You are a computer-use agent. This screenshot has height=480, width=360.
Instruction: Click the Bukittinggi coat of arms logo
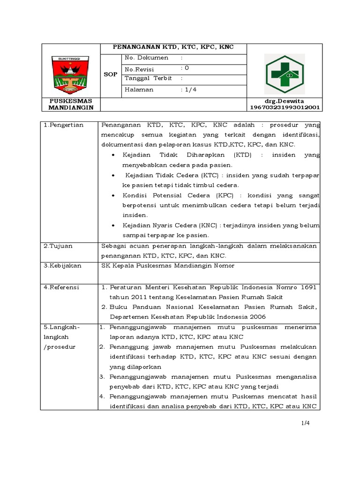[71, 74]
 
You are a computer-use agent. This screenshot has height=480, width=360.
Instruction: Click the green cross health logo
[285, 74]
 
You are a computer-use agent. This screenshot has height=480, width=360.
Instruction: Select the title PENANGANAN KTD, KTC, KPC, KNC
[173, 47]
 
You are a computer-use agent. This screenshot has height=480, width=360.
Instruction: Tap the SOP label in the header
[111, 75]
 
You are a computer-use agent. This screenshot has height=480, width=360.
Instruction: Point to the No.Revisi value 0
[187, 68]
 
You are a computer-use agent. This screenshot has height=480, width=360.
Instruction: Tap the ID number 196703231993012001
[285, 107]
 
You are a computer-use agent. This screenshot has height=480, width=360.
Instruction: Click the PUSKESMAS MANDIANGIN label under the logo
[71, 104]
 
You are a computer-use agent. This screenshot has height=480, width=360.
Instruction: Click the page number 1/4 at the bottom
[306, 423]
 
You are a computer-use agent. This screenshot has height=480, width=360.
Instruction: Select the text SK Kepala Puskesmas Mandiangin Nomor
[168, 265]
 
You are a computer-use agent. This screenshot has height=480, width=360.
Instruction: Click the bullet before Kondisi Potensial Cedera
[114, 195]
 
